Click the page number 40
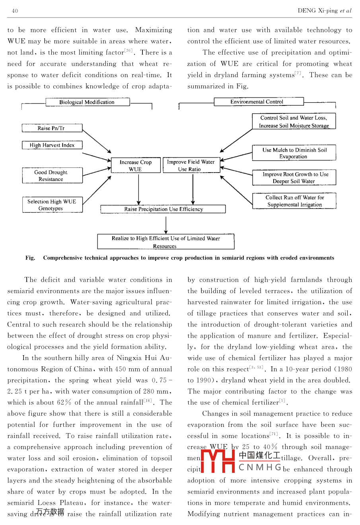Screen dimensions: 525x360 point(15,11)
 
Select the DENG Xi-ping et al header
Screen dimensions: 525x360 point(324,11)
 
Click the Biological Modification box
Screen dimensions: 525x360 point(87,102)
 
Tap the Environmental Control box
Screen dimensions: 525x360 point(258,102)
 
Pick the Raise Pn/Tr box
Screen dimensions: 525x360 point(52,128)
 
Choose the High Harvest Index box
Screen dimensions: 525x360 point(52,145)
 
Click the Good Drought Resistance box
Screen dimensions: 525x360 point(52,175)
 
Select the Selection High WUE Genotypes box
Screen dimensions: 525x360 point(52,205)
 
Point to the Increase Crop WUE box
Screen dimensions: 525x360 point(135,165)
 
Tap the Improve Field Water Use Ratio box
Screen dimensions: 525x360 point(191,165)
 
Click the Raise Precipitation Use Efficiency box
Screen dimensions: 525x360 point(163,209)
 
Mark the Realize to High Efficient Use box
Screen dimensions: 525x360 point(165,242)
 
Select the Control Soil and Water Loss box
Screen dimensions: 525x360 point(294,121)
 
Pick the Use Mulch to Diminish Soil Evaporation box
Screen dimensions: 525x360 point(294,153)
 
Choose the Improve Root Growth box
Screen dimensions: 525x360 point(294,178)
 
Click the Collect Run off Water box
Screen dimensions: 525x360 point(294,201)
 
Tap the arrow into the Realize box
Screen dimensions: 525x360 point(166,225)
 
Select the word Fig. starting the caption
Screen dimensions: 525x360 point(30,258)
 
